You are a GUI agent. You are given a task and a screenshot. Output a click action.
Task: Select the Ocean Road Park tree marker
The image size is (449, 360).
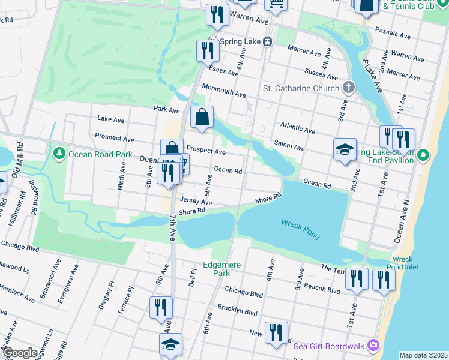[x=59, y=154]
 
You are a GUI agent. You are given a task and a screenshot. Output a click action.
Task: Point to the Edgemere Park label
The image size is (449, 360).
[x=217, y=268]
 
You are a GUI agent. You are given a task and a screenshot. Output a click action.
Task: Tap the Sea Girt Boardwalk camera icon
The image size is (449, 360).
[x=374, y=345]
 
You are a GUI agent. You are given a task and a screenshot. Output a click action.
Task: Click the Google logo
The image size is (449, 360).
[x=20, y=353]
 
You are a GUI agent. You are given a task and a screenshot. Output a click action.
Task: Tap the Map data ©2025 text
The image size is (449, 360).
[x=423, y=355]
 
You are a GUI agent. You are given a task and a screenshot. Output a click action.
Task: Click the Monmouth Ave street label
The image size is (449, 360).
[x=224, y=91]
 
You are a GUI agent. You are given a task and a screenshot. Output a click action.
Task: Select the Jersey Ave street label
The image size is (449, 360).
[x=196, y=202]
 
